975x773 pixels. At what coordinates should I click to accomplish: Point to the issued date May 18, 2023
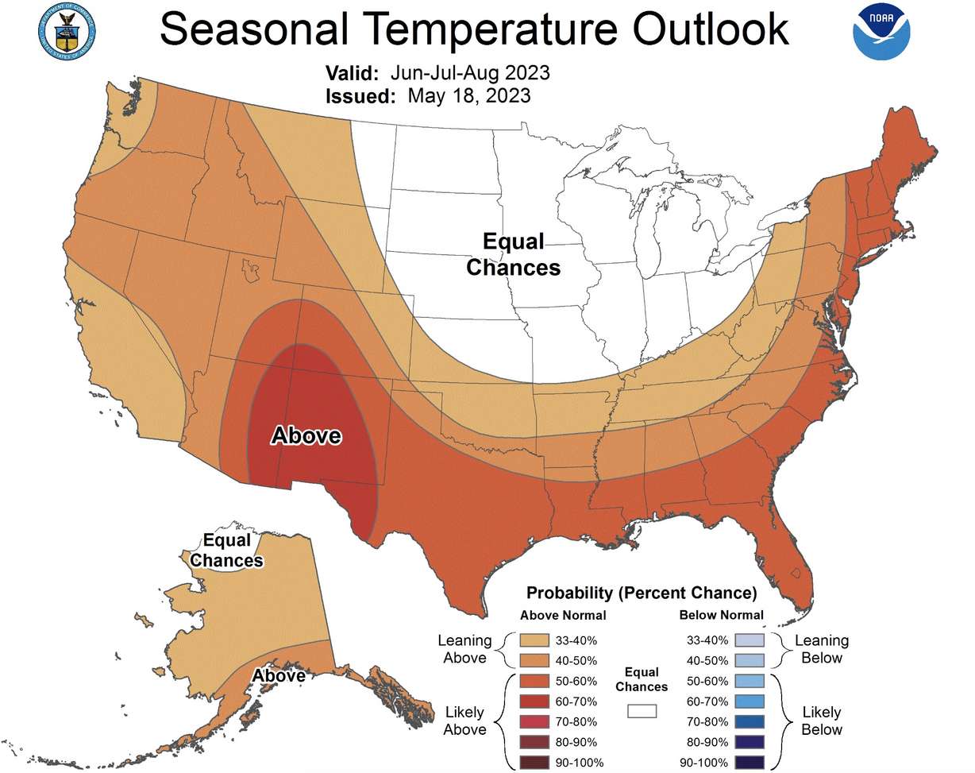(469, 96)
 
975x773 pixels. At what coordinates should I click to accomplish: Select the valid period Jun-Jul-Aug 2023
(470, 73)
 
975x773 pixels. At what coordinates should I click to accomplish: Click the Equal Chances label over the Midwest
(513, 255)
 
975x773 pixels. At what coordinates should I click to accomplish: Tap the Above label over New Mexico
(306, 435)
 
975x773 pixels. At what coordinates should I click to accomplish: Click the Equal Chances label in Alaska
(228, 551)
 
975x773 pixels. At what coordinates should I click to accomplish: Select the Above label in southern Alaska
(279, 675)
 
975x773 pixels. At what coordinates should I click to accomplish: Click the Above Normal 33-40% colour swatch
(536, 640)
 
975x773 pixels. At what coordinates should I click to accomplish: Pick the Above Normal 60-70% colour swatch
(536, 701)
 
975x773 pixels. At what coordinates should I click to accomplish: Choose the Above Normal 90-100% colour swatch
(536, 763)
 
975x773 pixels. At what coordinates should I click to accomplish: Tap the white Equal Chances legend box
(642, 711)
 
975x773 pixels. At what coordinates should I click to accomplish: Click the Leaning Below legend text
(822, 649)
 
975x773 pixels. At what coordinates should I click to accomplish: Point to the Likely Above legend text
(465, 721)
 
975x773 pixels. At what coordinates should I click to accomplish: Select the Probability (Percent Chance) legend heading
(642, 593)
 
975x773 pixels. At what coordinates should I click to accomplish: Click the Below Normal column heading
(722, 615)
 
